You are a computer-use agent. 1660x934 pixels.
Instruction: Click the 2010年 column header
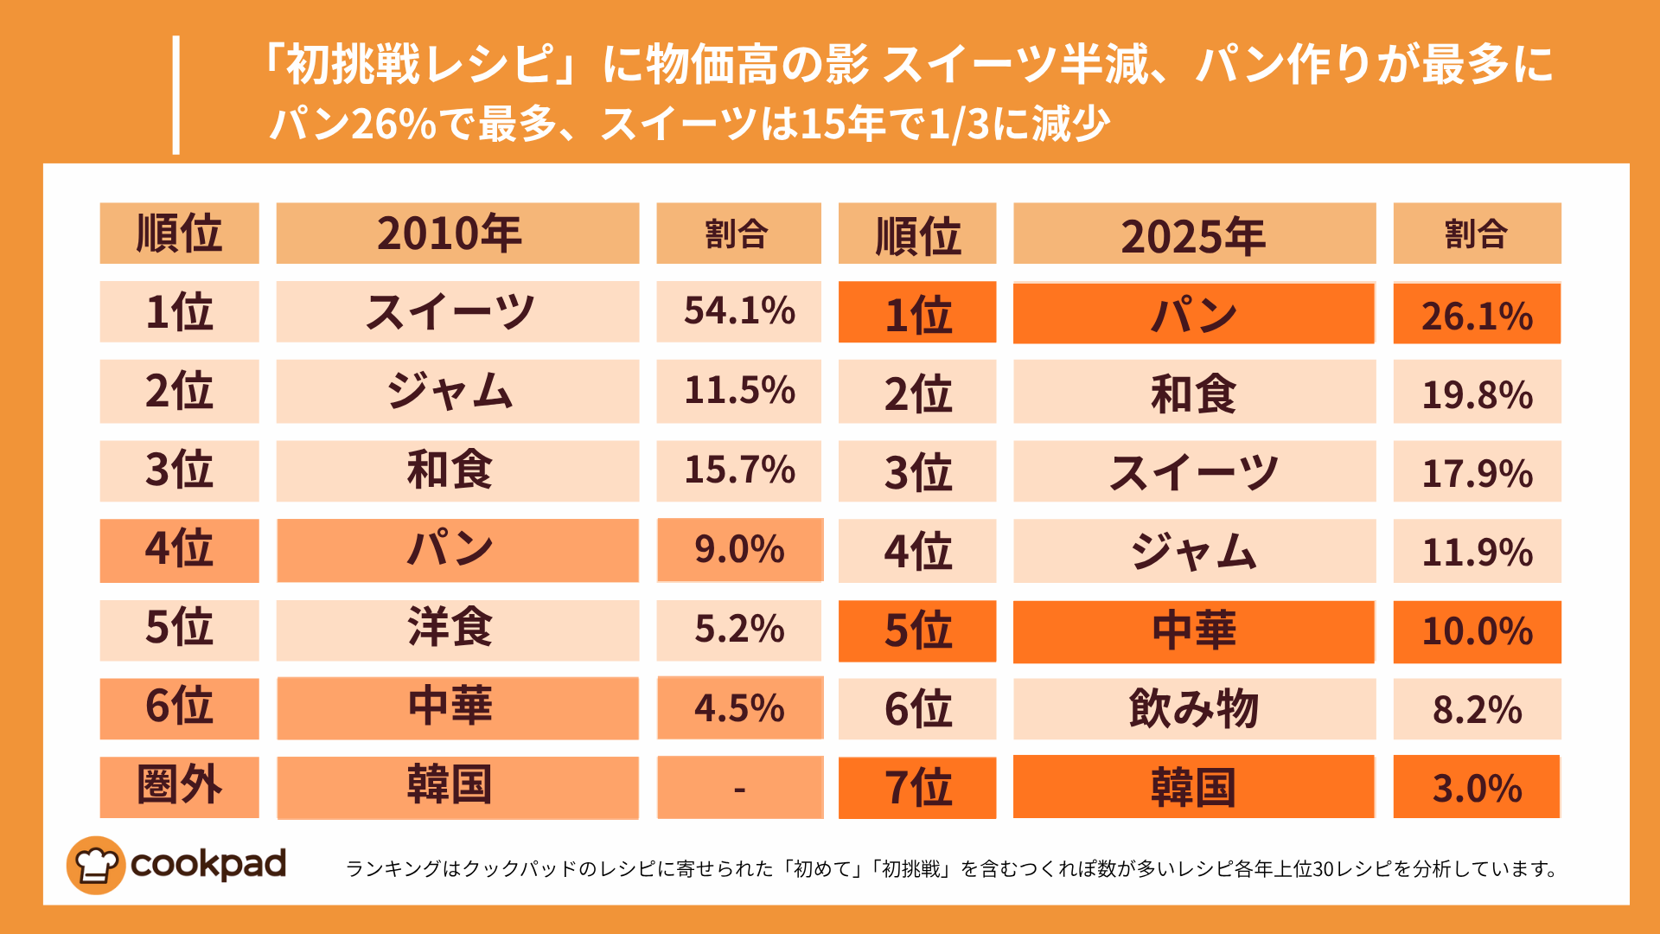[457, 233]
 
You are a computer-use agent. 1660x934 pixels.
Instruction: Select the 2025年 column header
[1194, 234]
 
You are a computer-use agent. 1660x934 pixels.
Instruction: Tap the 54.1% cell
[738, 311]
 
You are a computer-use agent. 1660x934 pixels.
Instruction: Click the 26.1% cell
[1477, 314]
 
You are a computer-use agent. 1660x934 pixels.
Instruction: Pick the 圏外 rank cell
[179, 787]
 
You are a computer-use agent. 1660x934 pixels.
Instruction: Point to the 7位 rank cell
[917, 787]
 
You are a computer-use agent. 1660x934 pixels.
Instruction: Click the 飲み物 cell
[1194, 709]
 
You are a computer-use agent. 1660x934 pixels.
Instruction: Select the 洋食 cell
[457, 630]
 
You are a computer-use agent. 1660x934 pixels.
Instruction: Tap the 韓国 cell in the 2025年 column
[1194, 787]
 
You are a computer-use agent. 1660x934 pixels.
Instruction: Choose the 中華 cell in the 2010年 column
[457, 708]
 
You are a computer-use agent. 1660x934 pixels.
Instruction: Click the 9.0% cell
[739, 550]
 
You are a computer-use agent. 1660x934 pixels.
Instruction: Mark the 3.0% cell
[1477, 787]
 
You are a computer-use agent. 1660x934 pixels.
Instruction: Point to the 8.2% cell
[1477, 709]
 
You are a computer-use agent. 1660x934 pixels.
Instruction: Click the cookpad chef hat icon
[95, 865]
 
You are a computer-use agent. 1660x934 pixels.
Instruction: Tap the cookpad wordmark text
[208, 864]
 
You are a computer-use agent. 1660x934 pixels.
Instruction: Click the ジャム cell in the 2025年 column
[1194, 551]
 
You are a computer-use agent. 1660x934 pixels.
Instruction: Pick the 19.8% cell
[1477, 393]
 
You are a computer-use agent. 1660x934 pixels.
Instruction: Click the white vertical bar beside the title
[176, 95]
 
